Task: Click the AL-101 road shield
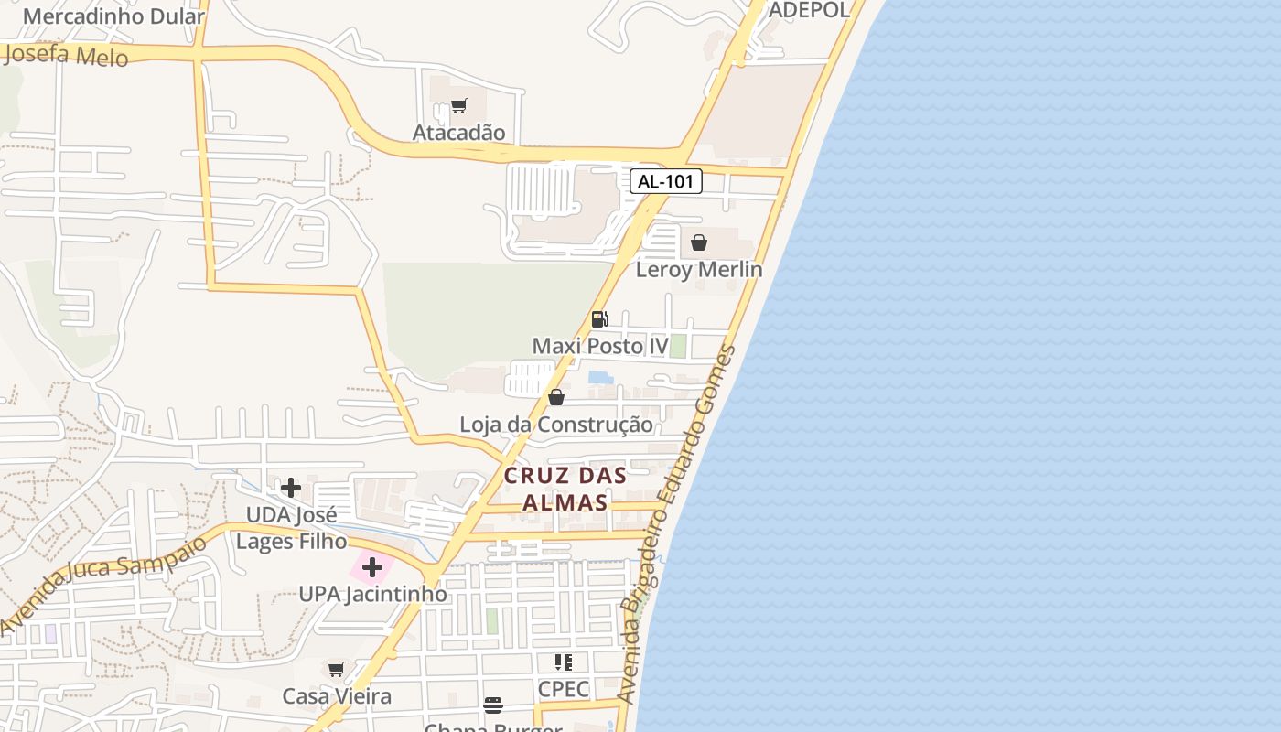tap(666, 181)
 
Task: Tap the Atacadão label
tap(458, 133)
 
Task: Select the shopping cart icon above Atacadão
tap(458, 106)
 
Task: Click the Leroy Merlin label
tap(699, 269)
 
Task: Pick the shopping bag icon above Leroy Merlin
tap(699, 242)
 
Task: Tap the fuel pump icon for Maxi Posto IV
tap(600, 319)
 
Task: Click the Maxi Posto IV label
tap(600, 346)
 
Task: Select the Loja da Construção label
tap(556, 425)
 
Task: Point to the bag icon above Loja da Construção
tap(556, 397)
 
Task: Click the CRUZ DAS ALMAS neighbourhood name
tap(565, 489)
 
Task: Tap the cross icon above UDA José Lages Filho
tap(291, 488)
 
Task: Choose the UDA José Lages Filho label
tap(292, 528)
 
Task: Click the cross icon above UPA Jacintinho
tap(372, 567)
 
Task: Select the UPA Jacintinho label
tap(373, 594)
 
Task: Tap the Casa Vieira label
tap(337, 696)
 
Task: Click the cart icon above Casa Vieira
tap(337, 670)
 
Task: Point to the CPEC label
tap(564, 689)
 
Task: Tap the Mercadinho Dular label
tap(96, 16)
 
